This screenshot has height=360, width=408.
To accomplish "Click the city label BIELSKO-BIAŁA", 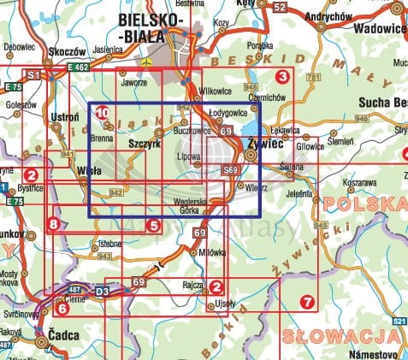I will pos(155,27).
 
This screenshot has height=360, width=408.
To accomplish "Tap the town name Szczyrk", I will pos(144,145).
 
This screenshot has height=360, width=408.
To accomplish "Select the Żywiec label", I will pos(263,145).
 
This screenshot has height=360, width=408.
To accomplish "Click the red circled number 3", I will pos(281,78).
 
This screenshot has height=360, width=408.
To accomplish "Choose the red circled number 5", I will pos(153,226).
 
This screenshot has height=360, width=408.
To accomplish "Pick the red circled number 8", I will pos(55,225).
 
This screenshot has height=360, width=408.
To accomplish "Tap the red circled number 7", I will pos(307,301).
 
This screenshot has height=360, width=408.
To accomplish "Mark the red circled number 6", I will pos(62,309).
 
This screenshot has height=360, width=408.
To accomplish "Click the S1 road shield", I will pos(34,76).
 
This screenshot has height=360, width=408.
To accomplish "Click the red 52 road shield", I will pos(280,7).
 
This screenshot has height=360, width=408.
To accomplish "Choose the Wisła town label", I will pos(89,171).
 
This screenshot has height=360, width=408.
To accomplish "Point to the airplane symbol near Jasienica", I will pos(147,62).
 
